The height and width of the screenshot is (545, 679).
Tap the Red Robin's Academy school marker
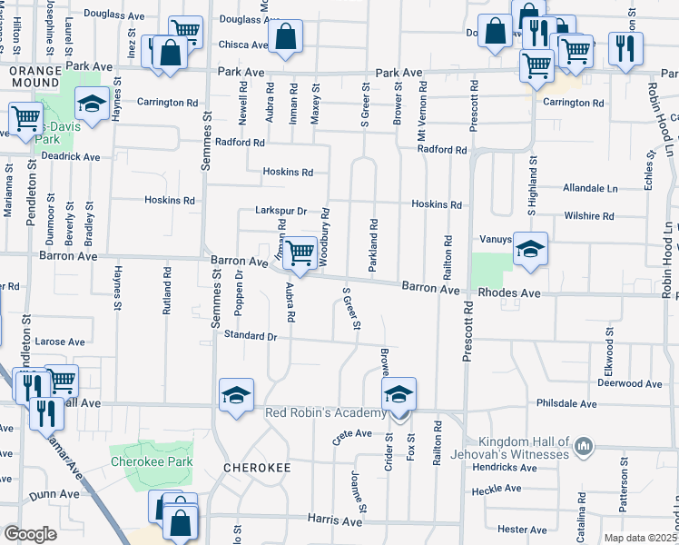click(x=399, y=395)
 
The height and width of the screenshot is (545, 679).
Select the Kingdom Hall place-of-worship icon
click(x=583, y=447)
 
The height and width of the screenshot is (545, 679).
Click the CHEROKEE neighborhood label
click(x=258, y=467)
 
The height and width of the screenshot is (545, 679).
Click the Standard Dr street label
click(x=250, y=336)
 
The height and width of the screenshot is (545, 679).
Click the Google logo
click(x=30, y=534)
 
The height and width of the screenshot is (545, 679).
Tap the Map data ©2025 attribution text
click(x=640, y=538)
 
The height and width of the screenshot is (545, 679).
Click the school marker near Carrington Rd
click(x=92, y=104)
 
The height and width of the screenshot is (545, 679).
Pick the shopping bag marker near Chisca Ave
click(x=285, y=37)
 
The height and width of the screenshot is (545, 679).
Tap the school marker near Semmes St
click(x=236, y=395)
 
